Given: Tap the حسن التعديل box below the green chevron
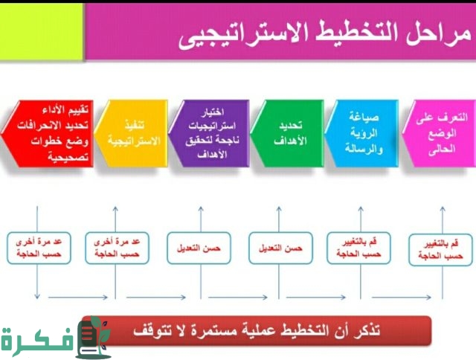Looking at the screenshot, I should click(279, 247).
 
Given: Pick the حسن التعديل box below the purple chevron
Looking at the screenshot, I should click(198, 247).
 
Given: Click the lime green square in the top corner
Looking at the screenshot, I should click(41, 30).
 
